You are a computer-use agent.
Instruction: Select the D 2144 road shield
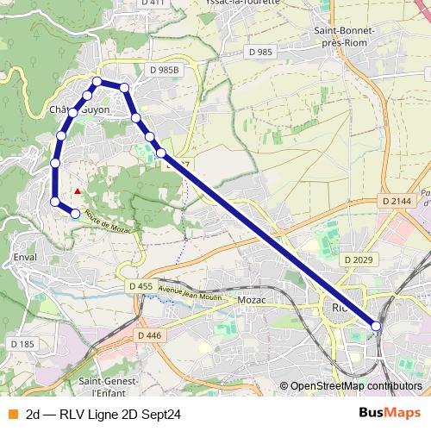coord(397,201)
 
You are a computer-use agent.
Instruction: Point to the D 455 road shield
coord(141,286)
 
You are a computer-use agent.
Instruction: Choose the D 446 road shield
coord(148,335)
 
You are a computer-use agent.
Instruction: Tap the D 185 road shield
coord(22,345)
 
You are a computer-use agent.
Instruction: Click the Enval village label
coord(25,257)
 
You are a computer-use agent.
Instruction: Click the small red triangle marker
coord(78,191)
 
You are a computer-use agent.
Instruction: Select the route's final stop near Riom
coord(376,325)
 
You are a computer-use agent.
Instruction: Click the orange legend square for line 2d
coord(12,414)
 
